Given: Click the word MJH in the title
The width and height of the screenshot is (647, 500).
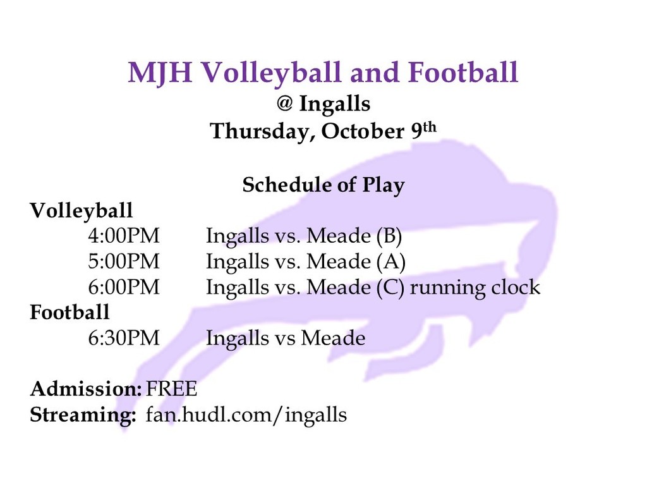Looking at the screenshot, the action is [x=160, y=73].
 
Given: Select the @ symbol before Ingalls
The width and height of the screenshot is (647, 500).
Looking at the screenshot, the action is [x=284, y=103].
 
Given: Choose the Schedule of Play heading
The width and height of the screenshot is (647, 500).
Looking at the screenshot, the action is [x=323, y=185].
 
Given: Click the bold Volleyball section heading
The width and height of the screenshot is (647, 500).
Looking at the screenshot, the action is [x=82, y=211].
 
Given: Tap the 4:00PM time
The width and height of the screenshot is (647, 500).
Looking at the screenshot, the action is [x=123, y=236].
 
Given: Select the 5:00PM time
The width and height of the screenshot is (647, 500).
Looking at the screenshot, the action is [x=123, y=262].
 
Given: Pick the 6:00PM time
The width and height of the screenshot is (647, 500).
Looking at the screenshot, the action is [x=123, y=288].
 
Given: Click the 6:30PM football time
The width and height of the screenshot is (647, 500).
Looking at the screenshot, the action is [x=123, y=338].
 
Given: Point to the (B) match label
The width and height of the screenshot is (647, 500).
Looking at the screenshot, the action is [x=389, y=236].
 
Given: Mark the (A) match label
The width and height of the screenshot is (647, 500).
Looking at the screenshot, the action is [x=390, y=262].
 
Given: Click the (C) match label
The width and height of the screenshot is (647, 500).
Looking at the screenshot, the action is [x=390, y=288].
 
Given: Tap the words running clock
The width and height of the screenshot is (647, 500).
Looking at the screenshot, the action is [x=475, y=288].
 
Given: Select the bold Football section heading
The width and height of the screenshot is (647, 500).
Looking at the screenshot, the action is [x=70, y=312].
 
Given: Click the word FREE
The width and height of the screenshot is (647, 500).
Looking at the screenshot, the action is [x=171, y=389].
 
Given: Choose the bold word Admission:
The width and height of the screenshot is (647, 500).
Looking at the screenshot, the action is [x=86, y=389].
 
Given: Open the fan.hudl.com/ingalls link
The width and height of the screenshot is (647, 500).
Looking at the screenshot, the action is [x=246, y=415].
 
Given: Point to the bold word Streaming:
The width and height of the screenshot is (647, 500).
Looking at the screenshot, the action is [x=83, y=415].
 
